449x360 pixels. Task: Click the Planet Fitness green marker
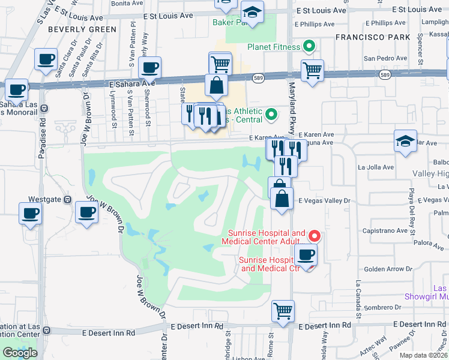309,46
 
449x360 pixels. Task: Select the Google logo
20,352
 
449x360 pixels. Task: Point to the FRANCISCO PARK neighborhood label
373,37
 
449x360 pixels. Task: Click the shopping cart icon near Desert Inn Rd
283,311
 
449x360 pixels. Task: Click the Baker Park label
226,22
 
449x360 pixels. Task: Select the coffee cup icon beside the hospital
306,254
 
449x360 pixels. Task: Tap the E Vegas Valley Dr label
324,200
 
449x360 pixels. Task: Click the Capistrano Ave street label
385,230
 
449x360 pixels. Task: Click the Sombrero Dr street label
383,307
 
